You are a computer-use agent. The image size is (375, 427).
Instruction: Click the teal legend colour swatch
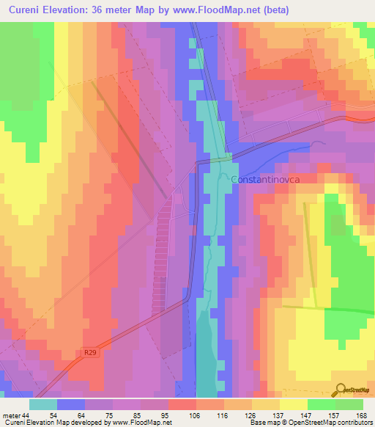click(43, 404)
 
